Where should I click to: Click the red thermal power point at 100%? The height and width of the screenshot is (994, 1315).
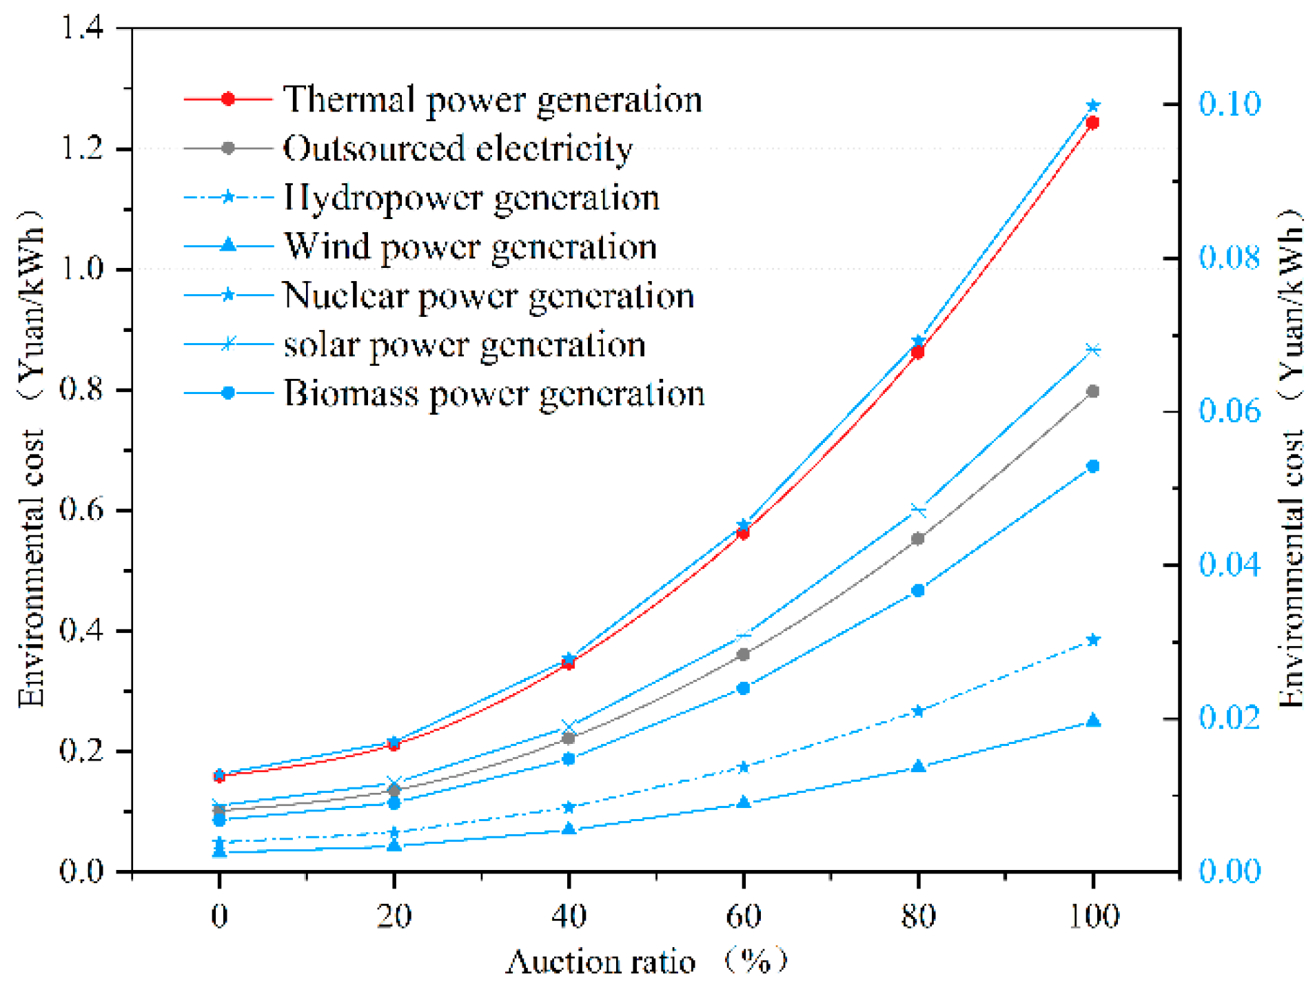point(1092,123)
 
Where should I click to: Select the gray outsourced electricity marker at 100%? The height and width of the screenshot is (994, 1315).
point(1092,391)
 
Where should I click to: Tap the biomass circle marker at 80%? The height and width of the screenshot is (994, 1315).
point(917,590)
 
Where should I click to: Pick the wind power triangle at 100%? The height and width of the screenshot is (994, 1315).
point(1092,721)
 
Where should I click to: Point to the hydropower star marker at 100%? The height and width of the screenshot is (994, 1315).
point(1092,640)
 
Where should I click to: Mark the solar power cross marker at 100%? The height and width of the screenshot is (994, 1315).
point(1092,350)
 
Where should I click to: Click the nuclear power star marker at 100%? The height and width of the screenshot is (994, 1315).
point(1092,105)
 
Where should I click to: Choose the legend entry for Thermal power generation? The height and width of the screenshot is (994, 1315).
point(492,100)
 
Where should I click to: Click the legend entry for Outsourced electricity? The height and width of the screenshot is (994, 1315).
point(458,149)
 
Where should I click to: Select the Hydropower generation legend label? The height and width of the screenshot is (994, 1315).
point(471,198)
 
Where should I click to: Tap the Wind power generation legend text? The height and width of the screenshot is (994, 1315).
point(470,247)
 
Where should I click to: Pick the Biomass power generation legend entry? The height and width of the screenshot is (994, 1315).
point(494,393)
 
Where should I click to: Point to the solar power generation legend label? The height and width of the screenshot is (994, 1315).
point(465,344)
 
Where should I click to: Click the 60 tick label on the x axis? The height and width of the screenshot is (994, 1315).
point(743,915)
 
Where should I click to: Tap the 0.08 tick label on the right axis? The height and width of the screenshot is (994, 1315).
point(1229,258)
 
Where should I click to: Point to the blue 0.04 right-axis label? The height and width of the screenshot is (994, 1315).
point(1229,565)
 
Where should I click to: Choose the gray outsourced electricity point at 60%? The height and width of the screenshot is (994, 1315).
point(743,654)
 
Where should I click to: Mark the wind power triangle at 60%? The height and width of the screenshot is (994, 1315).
point(743,803)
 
